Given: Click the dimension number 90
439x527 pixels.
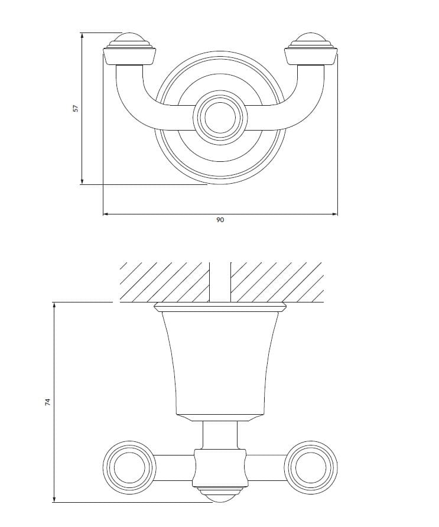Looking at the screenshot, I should point(220,220).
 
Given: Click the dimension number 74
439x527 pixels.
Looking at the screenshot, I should point(48,402).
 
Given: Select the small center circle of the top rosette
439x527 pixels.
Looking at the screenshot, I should point(220,115).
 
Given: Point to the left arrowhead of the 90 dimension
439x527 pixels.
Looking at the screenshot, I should point(106,214).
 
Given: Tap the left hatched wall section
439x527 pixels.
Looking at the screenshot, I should point(164,281).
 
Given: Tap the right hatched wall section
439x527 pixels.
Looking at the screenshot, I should point(277,281).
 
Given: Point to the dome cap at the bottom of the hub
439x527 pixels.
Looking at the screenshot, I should point(220,496).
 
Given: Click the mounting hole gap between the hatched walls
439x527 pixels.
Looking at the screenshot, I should point(220,281).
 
